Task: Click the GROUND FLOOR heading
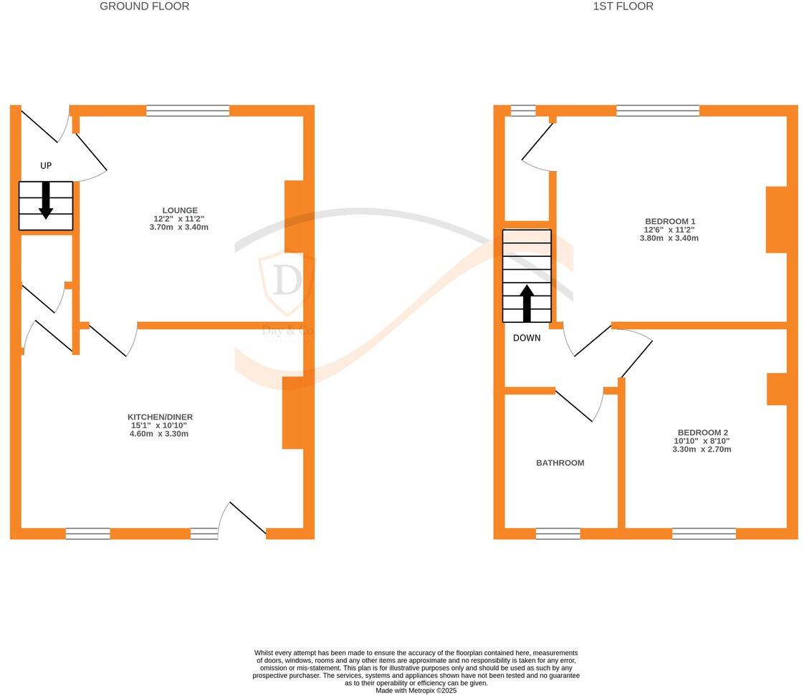tap(144, 6)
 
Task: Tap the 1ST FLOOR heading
tap(623, 6)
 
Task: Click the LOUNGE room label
tap(180, 210)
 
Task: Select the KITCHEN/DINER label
tap(160, 417)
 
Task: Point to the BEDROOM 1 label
tap(669, 222)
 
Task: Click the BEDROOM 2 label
tap(702, 432)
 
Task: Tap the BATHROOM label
tap(560, 463)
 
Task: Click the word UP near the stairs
tap(46, 166)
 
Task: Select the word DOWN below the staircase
tap(527, 338)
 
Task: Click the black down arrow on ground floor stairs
tap(46, 200)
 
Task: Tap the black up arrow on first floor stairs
tap(527, 303)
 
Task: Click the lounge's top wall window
tap(188, 110)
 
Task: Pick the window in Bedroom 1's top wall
tap(657, 110)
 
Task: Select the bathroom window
tap(557, 533)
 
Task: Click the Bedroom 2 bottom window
tap(704, 533)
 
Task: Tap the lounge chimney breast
tap(295, 217)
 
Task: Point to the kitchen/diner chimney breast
tap(292, 413)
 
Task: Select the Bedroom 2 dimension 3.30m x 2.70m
tap(702, 449)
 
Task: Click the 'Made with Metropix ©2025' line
tap(416, 691)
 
